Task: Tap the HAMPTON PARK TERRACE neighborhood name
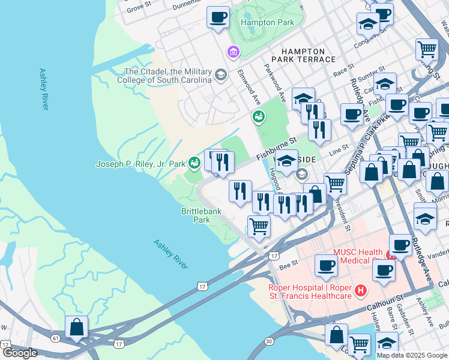tap(303, 56)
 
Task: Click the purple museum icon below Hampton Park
tap(233, 52)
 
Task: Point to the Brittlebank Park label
tap(196, 215)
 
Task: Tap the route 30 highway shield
tap(268, 341)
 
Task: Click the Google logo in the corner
tap(20, 353)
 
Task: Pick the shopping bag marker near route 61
tap(76, 327)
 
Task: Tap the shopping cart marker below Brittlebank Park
tap(259, 227)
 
